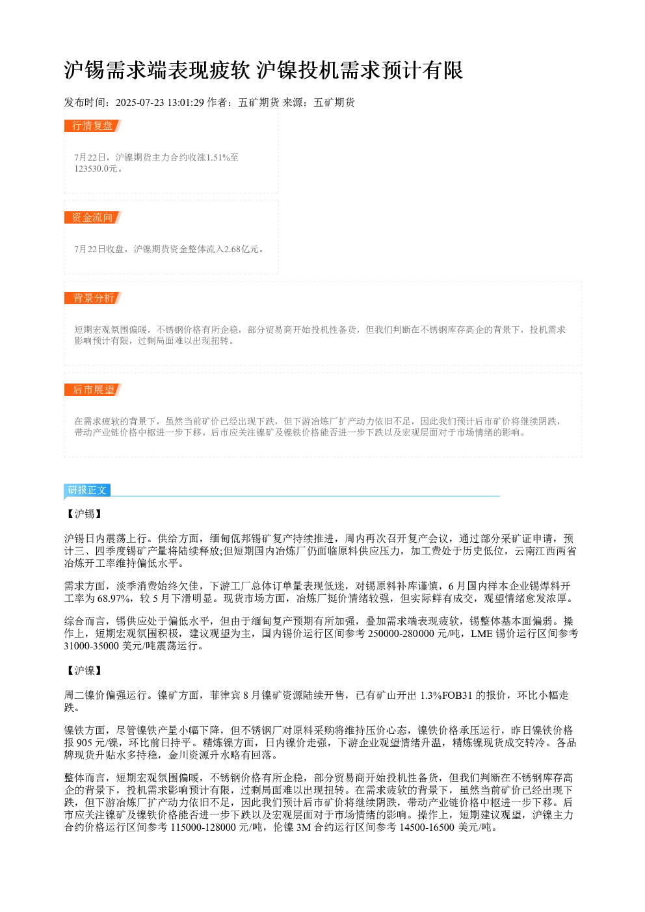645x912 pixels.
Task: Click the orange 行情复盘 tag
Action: tap(92, 126)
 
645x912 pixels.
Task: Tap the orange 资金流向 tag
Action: tap(92, 217)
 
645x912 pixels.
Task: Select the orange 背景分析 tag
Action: tap(92, 298)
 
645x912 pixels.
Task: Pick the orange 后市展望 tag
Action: tap(92, 389)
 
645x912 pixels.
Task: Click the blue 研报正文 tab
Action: tap(87, 489)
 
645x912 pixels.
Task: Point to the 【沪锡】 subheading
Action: tap(85, 514)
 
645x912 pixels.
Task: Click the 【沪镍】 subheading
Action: tap(85, 671)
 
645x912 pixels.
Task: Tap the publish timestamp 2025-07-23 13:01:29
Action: tap(159, 103)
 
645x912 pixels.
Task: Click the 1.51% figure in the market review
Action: tap(217, 157)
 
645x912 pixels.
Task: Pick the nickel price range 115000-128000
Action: tap(204, 827)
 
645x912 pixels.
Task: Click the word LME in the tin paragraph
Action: tap(481, 634)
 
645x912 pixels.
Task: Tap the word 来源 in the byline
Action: tap(293, 103)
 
